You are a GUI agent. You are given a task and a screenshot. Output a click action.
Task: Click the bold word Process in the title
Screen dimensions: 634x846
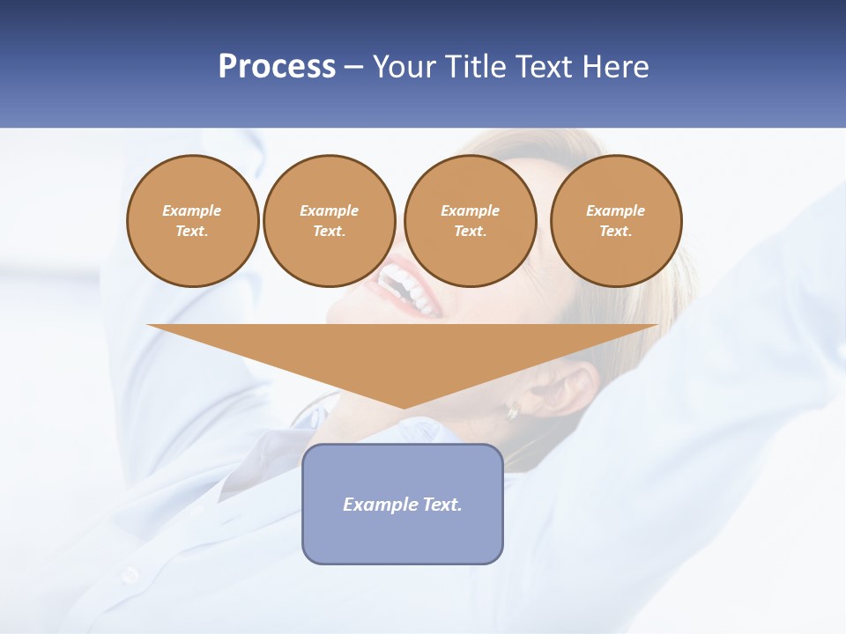pyautogui.click(x=277, y=67)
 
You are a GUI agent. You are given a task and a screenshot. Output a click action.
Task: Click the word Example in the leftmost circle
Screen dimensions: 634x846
pyautogui.click(x=192, y=210)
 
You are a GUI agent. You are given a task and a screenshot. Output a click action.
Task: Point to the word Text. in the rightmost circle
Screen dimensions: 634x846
pyautogui.click(x=616, y=232)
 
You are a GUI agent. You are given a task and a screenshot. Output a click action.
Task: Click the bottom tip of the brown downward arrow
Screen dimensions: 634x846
pyautogui.click(x=404, y=406)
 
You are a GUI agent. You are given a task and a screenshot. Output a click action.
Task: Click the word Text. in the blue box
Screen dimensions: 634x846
pyautogui.click(x=442, y=505)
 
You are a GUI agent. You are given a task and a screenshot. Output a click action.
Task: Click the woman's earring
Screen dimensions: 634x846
pyautogui.click(x=512, y=410)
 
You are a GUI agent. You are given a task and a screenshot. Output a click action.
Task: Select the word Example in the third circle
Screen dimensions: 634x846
pyautogui.click(x=470, y=210)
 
